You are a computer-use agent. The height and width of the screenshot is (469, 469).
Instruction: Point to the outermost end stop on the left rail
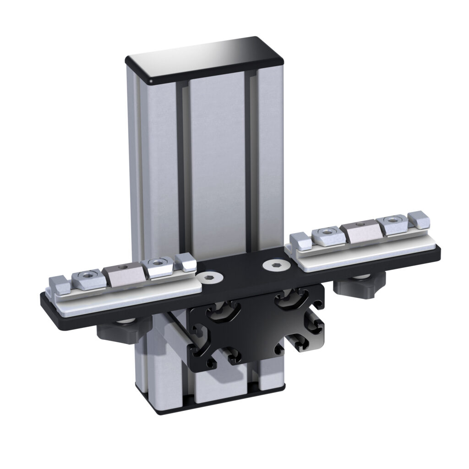60,285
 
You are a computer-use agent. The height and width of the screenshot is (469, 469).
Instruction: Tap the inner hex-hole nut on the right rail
326,236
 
